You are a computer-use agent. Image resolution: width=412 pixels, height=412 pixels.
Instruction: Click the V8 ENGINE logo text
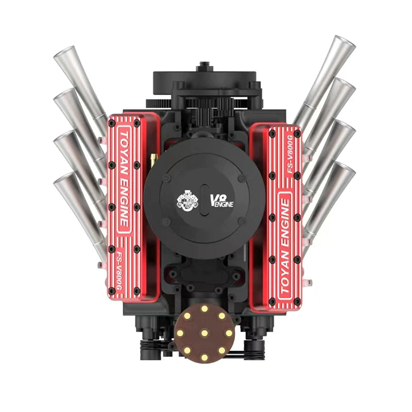pyautogui.click(x=221, y=200)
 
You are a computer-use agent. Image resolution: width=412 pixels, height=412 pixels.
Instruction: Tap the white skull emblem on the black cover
pyautogui.click(x=187, y=201)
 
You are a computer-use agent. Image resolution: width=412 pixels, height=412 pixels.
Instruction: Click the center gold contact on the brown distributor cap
pyautogui.click(x=204, y=333)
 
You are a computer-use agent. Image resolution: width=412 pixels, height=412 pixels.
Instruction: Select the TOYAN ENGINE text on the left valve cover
pyautogui.click(x=124, y=180)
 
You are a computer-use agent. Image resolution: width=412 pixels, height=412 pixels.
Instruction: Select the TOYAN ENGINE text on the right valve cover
pyautogui.click(x=285, y=246)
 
